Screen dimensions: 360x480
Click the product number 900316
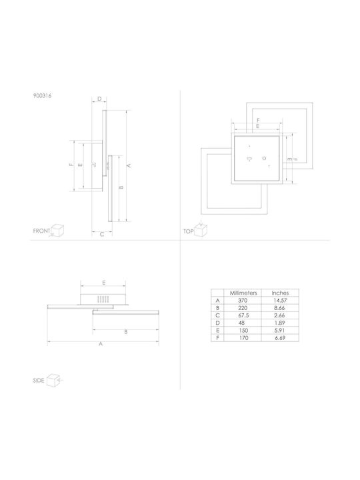point(42,95)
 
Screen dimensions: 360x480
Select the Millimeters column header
point(243,293)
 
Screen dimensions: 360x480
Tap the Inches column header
point(280,293)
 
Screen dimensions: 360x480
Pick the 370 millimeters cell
point(243,301)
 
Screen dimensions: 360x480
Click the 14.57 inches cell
point(280,301)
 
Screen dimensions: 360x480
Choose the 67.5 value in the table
point(243,315)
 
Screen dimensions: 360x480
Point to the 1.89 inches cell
point(280,323)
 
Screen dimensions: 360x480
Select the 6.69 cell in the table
point(280,338)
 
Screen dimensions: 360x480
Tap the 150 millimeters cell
point(243,331)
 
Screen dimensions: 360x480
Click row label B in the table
point(217,308)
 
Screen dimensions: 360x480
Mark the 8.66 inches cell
point(280,308)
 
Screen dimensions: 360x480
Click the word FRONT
point(41,231)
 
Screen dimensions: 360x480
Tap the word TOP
point(188,231)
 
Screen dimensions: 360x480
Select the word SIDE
point(39,381)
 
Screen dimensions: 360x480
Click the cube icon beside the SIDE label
point(53,380)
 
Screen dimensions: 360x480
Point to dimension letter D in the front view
point(99,99)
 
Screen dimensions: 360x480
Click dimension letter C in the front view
point(102,234)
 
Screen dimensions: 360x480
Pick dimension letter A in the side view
point(101,344)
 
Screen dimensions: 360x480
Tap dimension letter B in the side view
point(125,332)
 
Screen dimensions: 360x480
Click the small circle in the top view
point(264,158)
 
